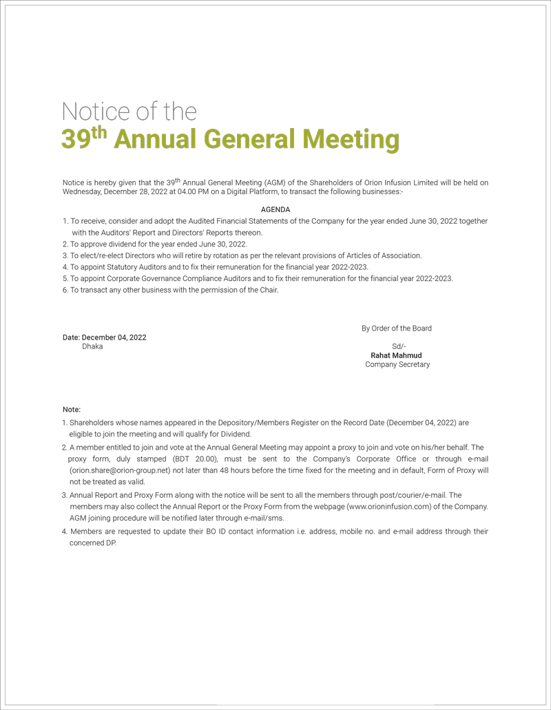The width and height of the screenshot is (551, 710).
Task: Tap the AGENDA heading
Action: click(275, 209)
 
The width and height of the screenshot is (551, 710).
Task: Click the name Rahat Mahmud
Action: click(396, 355)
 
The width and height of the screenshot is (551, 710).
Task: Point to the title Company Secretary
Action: click(397, 364)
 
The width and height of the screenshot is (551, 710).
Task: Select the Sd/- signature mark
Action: click(399, 346)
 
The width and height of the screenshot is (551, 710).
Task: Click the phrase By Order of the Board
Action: click(397, 328)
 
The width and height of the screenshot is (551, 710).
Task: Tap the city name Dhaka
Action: click(92, 346)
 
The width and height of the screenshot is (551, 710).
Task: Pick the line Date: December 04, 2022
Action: click(104, 337)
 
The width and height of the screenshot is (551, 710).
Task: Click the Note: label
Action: click(72, 410)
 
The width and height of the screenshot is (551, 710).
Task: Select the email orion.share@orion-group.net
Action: click(120, 470)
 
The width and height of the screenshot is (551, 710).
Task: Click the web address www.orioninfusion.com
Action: click(390, 506)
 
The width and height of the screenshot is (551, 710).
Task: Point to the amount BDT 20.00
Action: click(195, 459)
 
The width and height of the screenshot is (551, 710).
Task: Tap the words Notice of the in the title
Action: click(129, 111)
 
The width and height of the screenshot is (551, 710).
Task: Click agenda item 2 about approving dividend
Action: click(154, 244)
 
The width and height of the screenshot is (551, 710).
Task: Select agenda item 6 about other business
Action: click(170, 290)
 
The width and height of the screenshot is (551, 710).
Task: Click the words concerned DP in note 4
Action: click(93, 543)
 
